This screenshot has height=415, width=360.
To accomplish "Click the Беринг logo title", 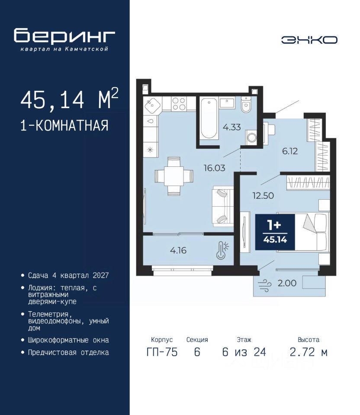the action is [x=64, y=36].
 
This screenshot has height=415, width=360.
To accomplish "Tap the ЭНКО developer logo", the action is [x=309, y=40].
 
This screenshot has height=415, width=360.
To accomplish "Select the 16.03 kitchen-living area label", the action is [x=214, y=168].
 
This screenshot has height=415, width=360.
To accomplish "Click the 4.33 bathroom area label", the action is [x=232, y=127].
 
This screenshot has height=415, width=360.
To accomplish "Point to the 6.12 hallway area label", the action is [x=290, y=151].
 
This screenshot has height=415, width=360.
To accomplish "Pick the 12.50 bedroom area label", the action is [x=263, y=195].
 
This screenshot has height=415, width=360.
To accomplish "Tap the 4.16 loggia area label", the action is [x=178, y=250].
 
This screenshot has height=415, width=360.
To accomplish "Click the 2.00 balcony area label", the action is [x=287, y=283].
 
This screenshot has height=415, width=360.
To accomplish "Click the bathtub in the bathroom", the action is [x=209, y=118].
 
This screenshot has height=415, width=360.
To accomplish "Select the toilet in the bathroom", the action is [x=246, y=105].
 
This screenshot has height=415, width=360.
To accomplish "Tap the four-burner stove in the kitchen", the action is [x=179, y=103].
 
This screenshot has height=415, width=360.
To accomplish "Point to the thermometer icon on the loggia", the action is [x=222, y=250].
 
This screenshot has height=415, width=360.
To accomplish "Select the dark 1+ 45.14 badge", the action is [x=275, y=232].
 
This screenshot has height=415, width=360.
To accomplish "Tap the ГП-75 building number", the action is [x=162, y=352].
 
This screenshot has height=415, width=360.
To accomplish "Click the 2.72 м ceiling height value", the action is [x=309, y=352].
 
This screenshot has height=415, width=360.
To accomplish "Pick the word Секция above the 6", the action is [x=197, y=340].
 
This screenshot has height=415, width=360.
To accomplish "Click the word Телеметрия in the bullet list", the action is [x=48, y=314].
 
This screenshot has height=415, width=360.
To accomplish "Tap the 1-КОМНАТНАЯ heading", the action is [x=64, y=125].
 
